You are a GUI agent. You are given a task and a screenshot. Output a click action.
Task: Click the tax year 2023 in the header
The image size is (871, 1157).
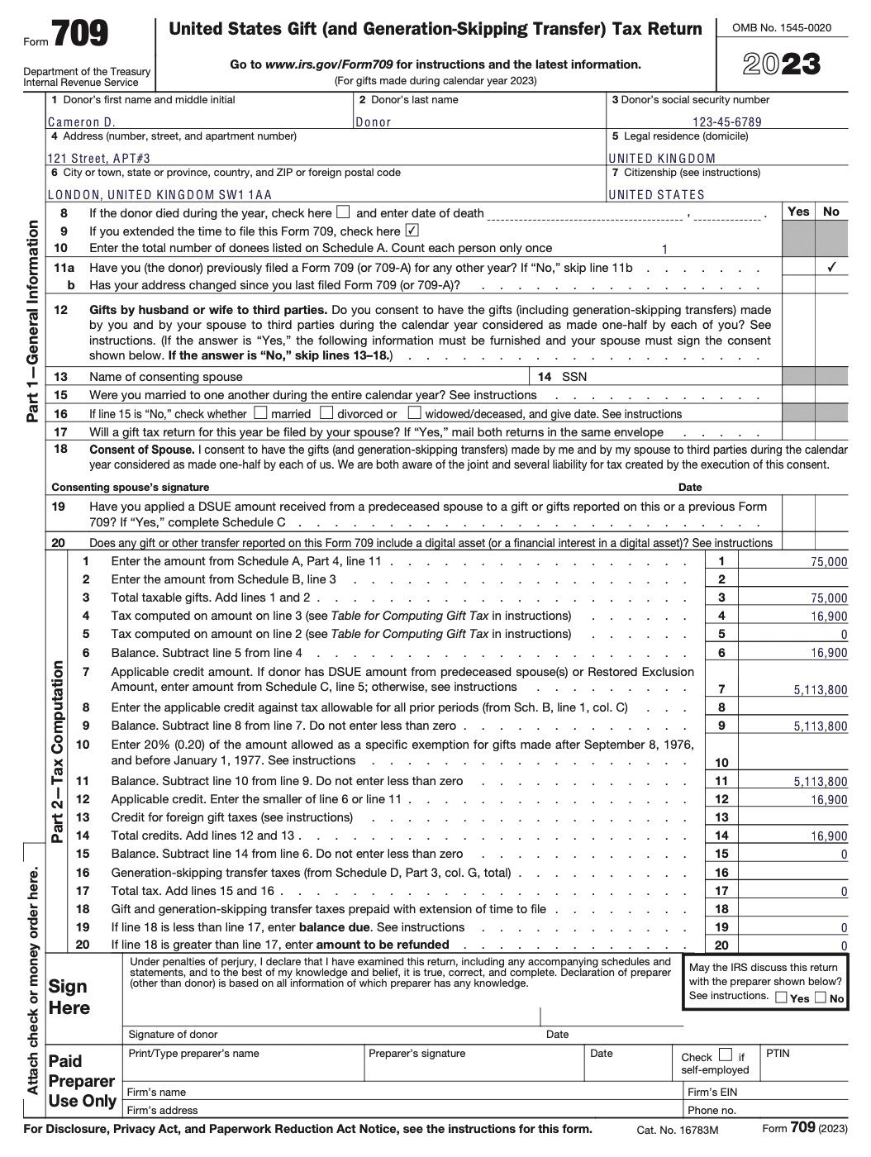[x=781, y=64]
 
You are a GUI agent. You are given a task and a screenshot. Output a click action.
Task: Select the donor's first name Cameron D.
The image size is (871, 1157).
[x=81, y=122]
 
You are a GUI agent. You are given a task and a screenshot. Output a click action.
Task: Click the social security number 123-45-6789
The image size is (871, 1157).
[x=727, y=122]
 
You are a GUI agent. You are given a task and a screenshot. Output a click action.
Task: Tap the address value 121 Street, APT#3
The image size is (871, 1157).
[x=99, y=159]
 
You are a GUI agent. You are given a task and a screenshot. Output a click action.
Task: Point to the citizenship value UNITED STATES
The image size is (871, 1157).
[x=657, y=195]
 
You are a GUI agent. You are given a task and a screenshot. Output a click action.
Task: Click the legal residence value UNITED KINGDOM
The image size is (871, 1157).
[x=662, y=159]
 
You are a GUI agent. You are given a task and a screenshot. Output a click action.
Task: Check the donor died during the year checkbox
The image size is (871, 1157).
[x=343, y=212]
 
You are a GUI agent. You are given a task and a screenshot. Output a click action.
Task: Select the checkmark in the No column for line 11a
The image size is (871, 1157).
[x=831, y=268]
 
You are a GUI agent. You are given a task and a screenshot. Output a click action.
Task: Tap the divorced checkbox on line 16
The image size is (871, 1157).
[x=326, y=412]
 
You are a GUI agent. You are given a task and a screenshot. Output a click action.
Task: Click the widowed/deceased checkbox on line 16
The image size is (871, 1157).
[x=415, y=412]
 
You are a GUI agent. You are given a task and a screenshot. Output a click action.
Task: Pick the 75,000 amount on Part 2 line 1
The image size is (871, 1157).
[x=829, y=562]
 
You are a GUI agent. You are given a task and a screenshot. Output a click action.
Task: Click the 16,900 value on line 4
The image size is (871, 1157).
[x=829, y=617]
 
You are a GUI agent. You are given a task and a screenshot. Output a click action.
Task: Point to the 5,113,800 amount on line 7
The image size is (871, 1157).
[x=820, y=690]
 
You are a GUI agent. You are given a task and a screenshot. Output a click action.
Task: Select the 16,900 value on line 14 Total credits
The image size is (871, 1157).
[x=829, y=836]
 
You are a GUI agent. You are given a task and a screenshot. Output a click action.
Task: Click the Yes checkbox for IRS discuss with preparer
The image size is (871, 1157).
[x=781, y=997]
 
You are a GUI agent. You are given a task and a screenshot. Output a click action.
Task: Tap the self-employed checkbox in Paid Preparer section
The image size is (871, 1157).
[x=725, y=1055]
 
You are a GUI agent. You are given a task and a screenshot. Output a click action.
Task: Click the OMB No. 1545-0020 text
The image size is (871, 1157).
[x=782, y=28]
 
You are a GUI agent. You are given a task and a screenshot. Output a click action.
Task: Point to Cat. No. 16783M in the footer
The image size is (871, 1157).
[x=677, y=1130]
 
